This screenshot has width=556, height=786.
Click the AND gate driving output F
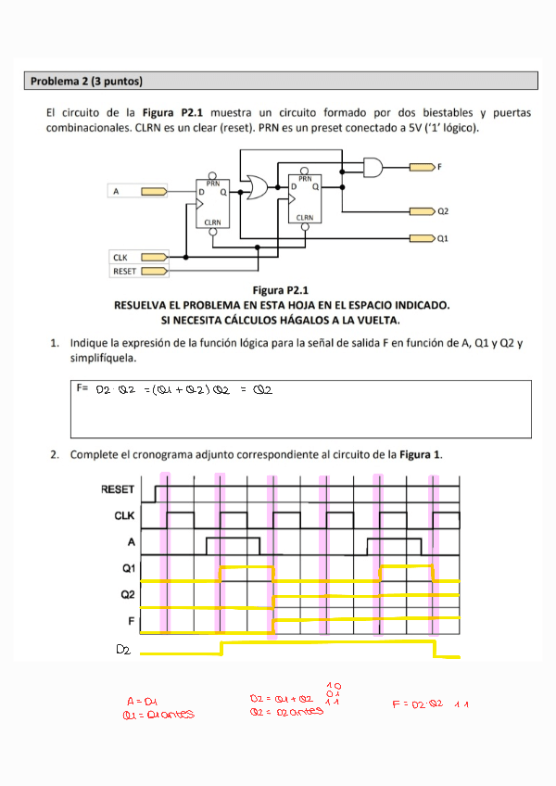(373, 167)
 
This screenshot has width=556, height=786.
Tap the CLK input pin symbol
(154, 257)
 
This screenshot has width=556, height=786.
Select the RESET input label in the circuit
(124, 272)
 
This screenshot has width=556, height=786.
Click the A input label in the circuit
(117, 191)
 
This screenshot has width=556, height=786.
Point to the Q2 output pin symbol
(422, 212)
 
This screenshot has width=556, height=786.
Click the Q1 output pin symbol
(422, 238)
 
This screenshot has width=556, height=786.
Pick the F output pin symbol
(422, 167)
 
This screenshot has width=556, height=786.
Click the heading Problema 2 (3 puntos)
(86, 82)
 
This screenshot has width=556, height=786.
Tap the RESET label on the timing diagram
(118, 489)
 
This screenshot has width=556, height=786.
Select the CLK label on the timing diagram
(124, 515)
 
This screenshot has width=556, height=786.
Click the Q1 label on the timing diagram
(128, 567)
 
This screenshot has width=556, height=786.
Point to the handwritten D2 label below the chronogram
(123, 651)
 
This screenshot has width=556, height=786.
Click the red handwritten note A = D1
(144, 702)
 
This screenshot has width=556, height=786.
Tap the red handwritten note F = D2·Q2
(418, 704)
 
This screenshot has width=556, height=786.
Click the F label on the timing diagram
(132, 619)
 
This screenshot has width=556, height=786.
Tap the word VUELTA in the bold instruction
(372, 321)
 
